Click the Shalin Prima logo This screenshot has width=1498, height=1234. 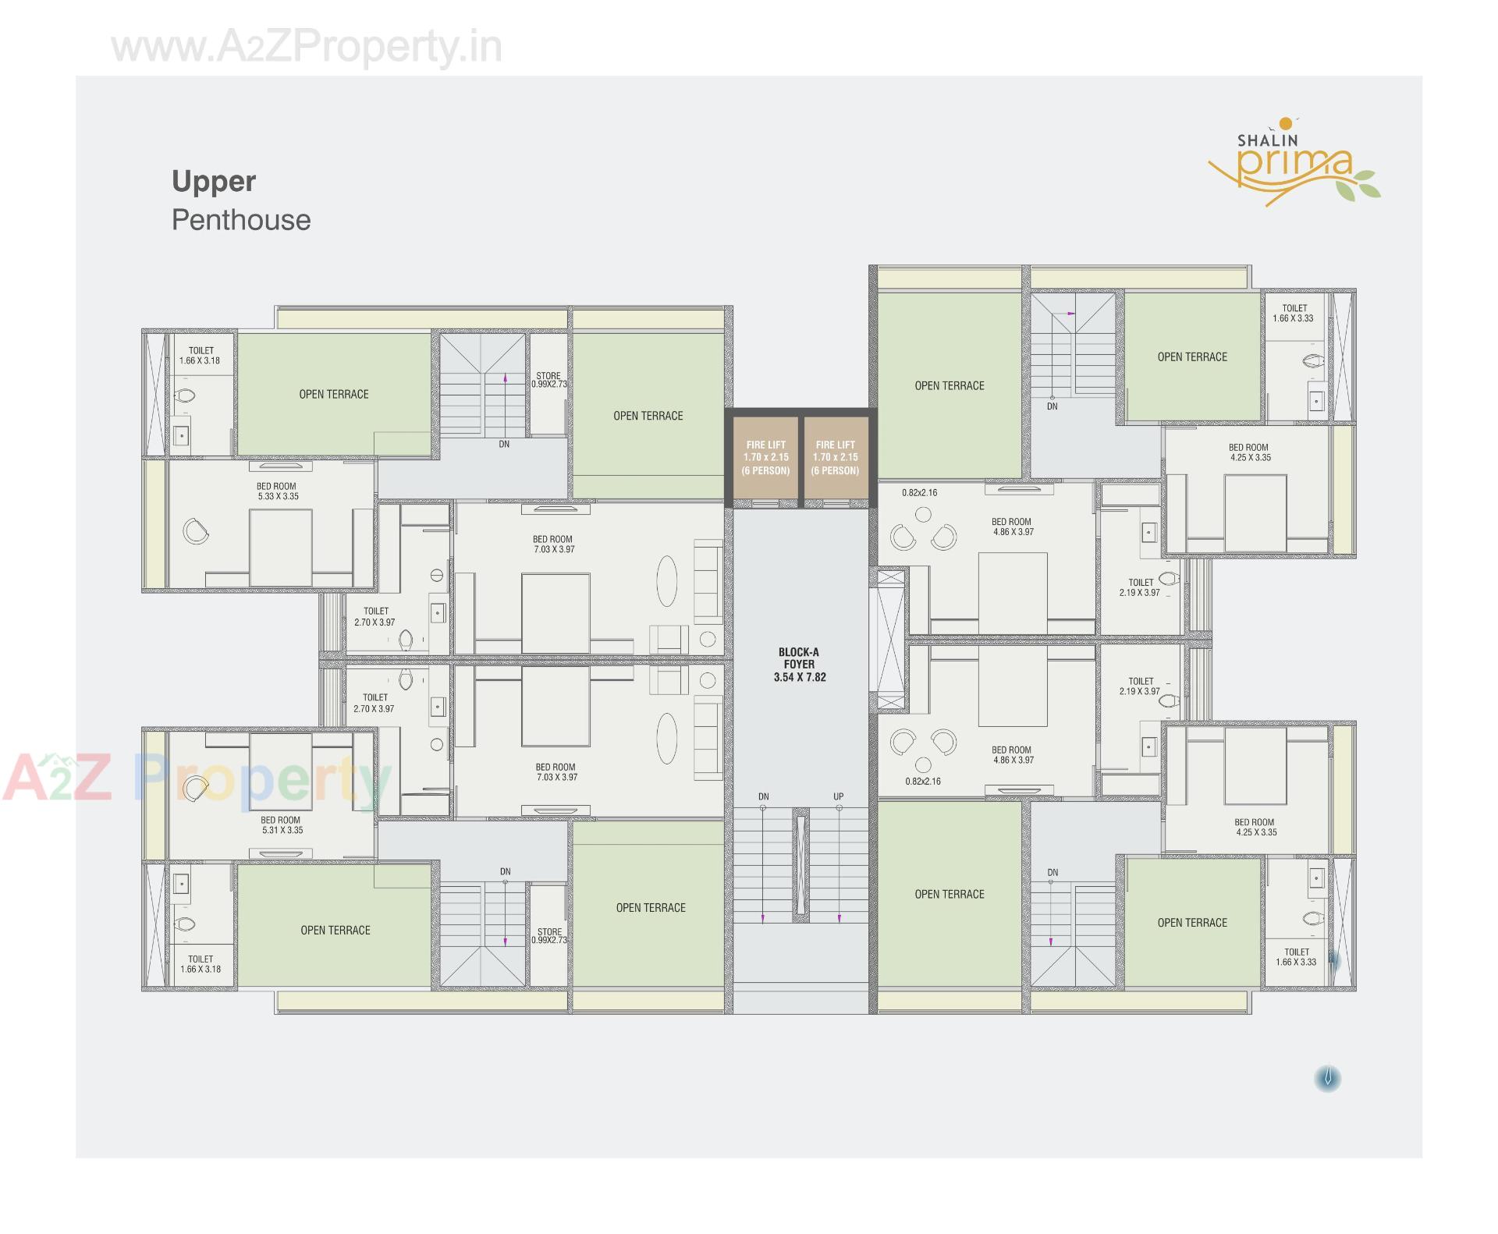point(1293,163)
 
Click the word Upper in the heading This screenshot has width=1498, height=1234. point(214,182)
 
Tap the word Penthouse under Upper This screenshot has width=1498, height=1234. point(241,220)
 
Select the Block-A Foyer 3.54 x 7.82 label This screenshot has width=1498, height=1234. point(799,665)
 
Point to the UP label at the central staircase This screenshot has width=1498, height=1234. point(838,796)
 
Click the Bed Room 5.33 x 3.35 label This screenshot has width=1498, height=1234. point(278,491)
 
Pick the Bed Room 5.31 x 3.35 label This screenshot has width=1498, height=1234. point(282,825)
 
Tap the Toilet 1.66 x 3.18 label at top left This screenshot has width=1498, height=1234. point(201,356)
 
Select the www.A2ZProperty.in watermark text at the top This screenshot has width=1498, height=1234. point(307,47)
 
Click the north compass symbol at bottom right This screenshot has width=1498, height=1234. point(1327,1079)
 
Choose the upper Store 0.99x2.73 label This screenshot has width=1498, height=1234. point(549,380)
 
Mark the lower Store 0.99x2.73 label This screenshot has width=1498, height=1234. point(549,936)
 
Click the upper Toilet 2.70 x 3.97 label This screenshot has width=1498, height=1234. point(375,617)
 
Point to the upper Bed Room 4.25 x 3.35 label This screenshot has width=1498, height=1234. point(1249,452)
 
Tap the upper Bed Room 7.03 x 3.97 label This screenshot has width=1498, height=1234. point(553,544)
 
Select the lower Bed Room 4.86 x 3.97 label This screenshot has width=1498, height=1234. point(1012,754)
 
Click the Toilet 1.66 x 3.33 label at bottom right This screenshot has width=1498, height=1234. point(1296,957)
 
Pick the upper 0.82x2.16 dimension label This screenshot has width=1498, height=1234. point(919,493)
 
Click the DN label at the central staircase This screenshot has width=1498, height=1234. point(763,796)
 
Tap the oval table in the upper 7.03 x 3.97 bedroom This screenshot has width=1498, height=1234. point(666,580)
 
